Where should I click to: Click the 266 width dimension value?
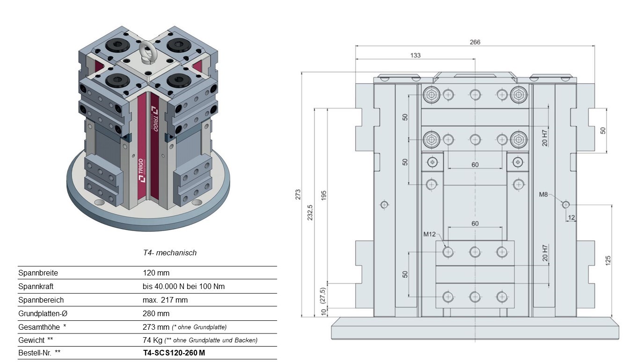(475, 42)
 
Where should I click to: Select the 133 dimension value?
(415, 55)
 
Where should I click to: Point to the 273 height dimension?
(298, 195)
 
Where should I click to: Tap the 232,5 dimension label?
(310, 212)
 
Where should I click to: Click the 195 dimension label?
(324, 195)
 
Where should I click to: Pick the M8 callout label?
(543, 194)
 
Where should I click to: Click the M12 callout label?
(429, 234)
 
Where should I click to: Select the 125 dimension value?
(608, 261)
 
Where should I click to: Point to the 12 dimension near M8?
(571, 217)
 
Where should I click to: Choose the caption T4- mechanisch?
(169, 253)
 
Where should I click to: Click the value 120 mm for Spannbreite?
(156, 273)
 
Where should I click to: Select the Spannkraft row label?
(36, 287)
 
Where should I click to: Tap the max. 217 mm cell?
(165, 300)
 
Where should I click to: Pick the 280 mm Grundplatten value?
(156, 313)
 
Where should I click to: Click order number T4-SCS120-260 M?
(174, 353)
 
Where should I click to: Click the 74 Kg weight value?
(153, 340)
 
